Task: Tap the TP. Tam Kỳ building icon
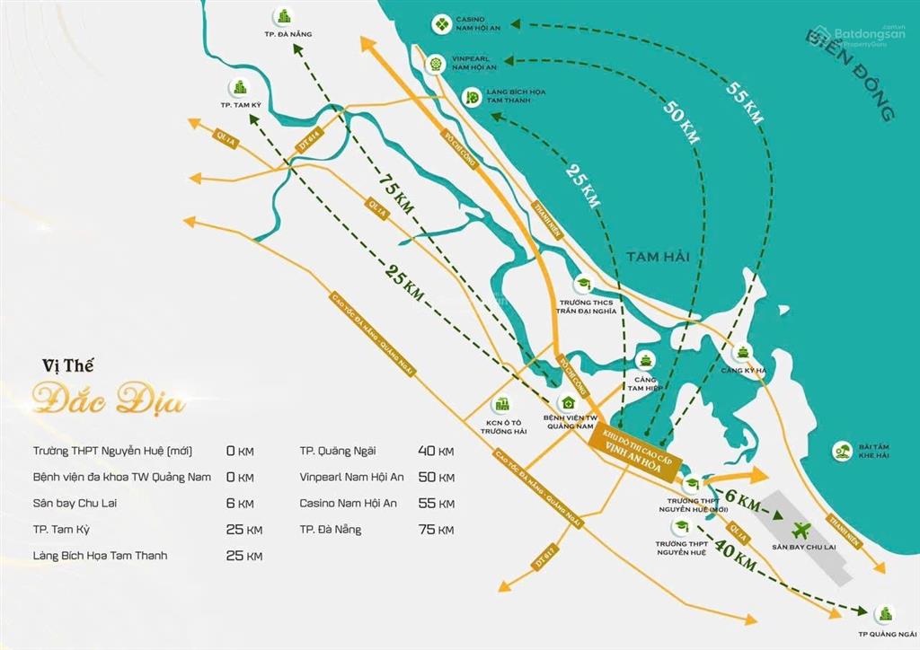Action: click(240, 87)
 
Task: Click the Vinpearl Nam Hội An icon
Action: click(436, 63)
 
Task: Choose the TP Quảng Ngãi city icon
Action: click(884, 612)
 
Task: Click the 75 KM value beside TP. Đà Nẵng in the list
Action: click(436, 530)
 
